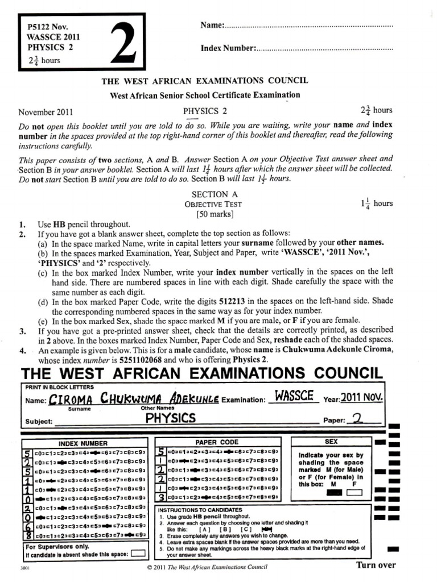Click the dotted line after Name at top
(x=310, y=27)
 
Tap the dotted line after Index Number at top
(x=325, y=49)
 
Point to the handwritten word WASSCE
(x=294, y=396)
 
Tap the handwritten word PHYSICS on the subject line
(x=170, y=418)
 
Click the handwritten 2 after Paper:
(x=357, y=419)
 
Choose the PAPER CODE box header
(x=217, y=442)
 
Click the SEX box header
(x=331, y=442)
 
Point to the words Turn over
(x=376, y=565)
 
